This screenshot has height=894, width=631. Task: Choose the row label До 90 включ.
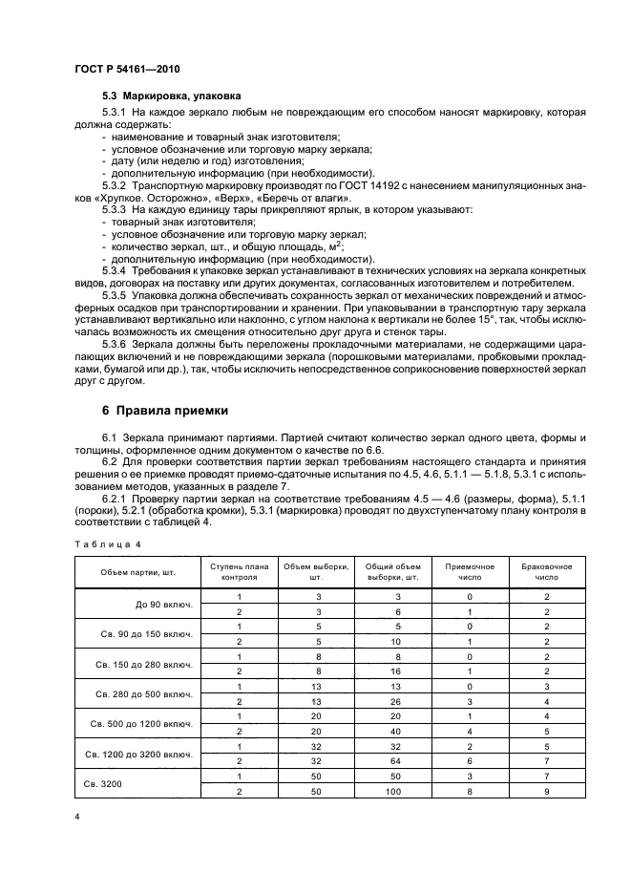164,605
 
